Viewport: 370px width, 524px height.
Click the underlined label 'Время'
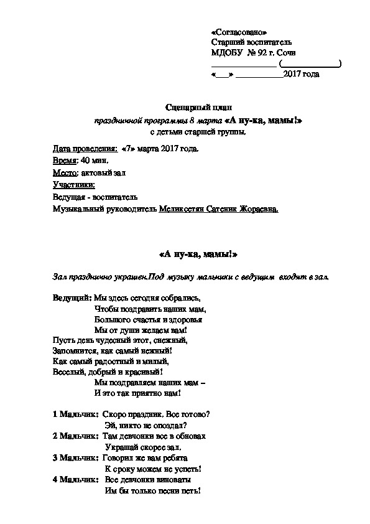point(65,161)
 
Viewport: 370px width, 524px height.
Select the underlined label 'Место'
point(65,173)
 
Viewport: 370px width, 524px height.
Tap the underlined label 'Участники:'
point(74,185)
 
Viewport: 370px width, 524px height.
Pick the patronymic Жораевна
point(259,209)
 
